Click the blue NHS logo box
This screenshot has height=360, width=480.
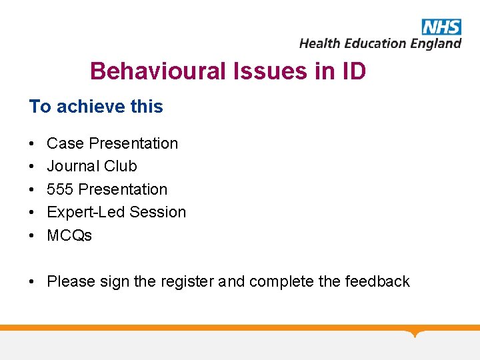point(441,27)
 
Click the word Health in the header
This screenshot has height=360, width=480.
point(320,43)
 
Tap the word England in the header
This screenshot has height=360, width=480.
point(435,43)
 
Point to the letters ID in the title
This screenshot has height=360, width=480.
point(353,71)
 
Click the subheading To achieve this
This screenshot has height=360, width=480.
point(96,107)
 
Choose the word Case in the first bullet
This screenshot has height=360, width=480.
point(65,143)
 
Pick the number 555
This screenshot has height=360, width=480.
point(61,189)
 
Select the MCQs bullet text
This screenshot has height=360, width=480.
point(69,235)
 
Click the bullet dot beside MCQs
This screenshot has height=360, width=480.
point(32,235)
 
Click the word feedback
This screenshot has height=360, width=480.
point(377,281)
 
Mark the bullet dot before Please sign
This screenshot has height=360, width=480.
point(32,281)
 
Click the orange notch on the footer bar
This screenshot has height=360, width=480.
point(415,333)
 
